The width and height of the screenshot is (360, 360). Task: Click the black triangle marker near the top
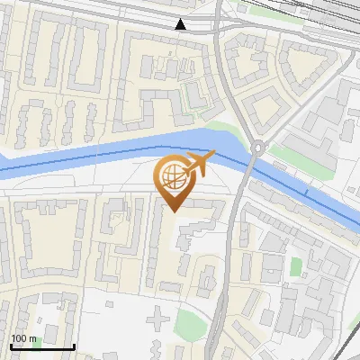pos(182,24)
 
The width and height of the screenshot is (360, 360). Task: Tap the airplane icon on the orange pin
pos(200,163)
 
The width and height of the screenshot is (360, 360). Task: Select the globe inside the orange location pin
pos(172,176)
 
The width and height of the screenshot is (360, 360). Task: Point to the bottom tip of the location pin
pos(173,211)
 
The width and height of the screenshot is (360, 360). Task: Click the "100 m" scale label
pos(23,338)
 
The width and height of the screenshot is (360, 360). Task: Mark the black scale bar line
pos(41,346)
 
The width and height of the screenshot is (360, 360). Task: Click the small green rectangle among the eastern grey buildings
pos(295,267)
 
